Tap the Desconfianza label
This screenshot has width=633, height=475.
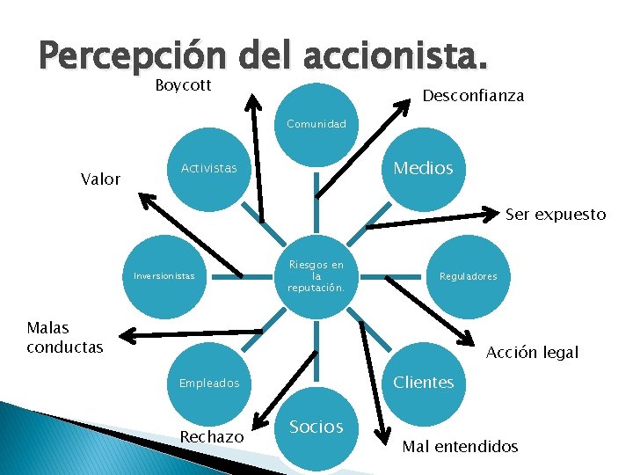point(473,96)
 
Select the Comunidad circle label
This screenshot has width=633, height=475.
point(316,124)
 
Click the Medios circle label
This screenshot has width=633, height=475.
point(423,167)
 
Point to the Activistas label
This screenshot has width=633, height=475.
point(208,168)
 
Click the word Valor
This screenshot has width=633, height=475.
point(100,179)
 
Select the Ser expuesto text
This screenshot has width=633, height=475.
point(555,214)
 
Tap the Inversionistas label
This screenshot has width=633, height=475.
point(164,275)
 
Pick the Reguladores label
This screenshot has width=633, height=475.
point(469,276)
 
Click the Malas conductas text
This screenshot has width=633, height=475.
point(64,337)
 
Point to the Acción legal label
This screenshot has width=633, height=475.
point(532,352)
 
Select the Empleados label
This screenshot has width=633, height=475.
point(208,383)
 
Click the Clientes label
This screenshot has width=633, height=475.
point(423,382)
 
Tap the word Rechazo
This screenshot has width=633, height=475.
point(211,437)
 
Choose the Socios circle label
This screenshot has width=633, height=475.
point(316,427)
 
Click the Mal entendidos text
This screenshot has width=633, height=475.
point(460,446)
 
